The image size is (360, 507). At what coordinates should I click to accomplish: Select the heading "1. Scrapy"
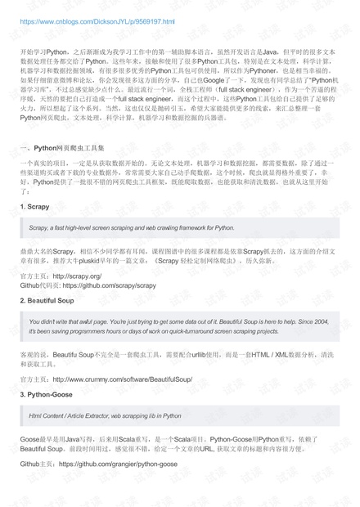[35, 208]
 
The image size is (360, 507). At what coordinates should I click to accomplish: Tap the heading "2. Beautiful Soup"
[49, 301]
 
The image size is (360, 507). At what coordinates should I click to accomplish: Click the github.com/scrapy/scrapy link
[110, 286]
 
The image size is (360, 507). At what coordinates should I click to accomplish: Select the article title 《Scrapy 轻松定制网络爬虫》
[209, 262]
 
